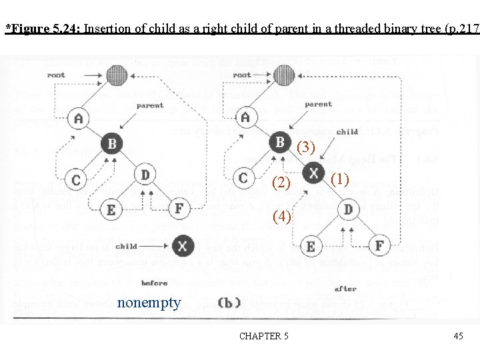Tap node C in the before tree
[77, 179]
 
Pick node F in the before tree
[179, 209]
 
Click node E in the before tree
[111, 209]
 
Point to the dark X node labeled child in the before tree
[183, 246]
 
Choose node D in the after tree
[347, 209]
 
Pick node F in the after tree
[379, 245]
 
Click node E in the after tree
[311, 246]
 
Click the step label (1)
[339, 178]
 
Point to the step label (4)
[282, 216]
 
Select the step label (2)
[282, 182]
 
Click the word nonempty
[149, 303]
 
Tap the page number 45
[458, 336]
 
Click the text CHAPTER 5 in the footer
[264, 336]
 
